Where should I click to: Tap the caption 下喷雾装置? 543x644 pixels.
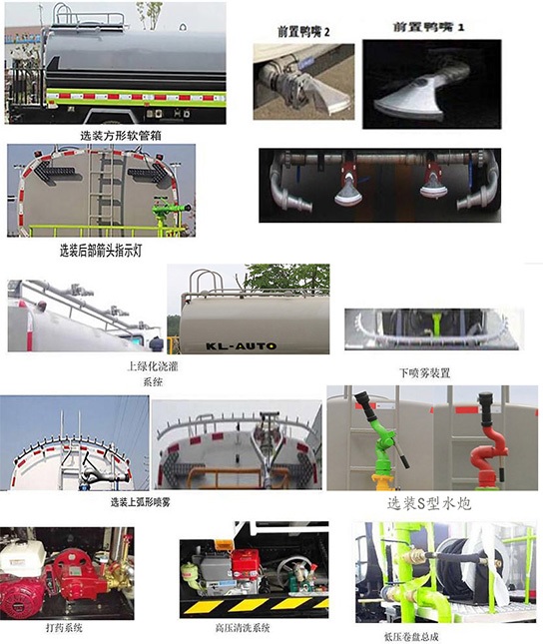[x=424, y=371]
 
